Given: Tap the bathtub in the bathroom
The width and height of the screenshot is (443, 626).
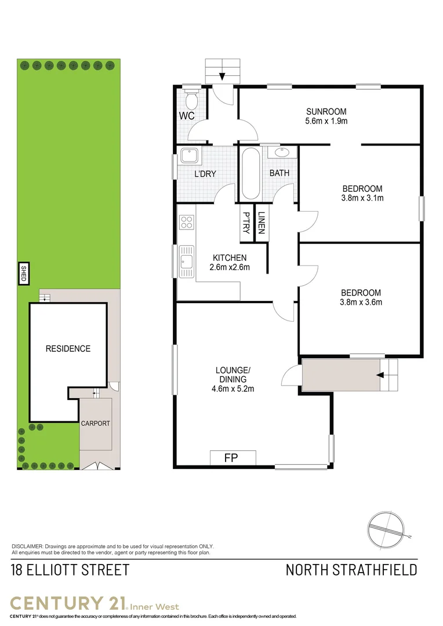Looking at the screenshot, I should [250, 173].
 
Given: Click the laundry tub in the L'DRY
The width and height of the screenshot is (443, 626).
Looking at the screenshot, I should [189, 156].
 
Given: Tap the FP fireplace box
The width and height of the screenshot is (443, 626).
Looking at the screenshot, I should [233, 457].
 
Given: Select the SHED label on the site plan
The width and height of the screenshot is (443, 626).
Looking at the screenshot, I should [24, 273].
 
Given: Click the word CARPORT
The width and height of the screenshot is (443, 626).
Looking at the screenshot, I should [95, 423].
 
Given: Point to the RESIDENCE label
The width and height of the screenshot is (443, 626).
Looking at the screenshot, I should [68, 348].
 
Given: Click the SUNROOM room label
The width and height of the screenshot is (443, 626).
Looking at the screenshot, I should [326, 111].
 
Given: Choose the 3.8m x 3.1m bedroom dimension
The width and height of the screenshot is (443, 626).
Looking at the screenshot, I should [362, 198].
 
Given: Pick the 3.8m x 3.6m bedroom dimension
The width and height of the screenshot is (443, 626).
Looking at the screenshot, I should [361, 302].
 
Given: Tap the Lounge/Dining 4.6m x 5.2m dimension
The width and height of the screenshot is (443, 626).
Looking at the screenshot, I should [233, 389].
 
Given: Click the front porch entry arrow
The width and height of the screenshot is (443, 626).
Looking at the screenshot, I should [380, 375].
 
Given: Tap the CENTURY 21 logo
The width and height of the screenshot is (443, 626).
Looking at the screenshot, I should [70, 602].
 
